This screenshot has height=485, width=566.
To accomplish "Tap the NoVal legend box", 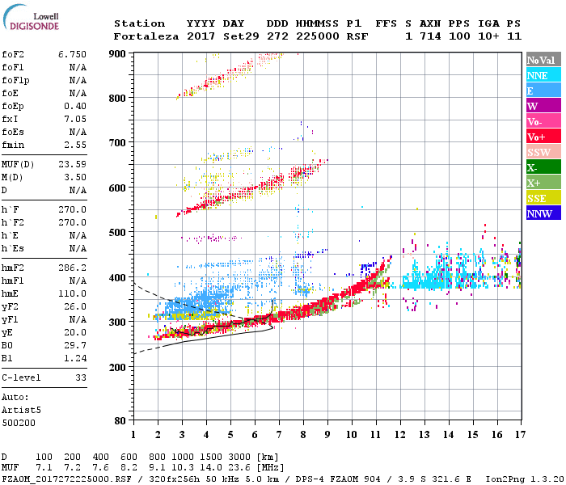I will [540, 60].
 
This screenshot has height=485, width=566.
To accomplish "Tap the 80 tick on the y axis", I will [122, 421].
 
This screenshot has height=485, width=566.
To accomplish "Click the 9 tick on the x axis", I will [327, 434].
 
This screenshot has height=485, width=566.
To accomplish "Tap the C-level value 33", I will [79, 377].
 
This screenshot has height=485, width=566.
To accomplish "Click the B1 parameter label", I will [6, 356].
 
